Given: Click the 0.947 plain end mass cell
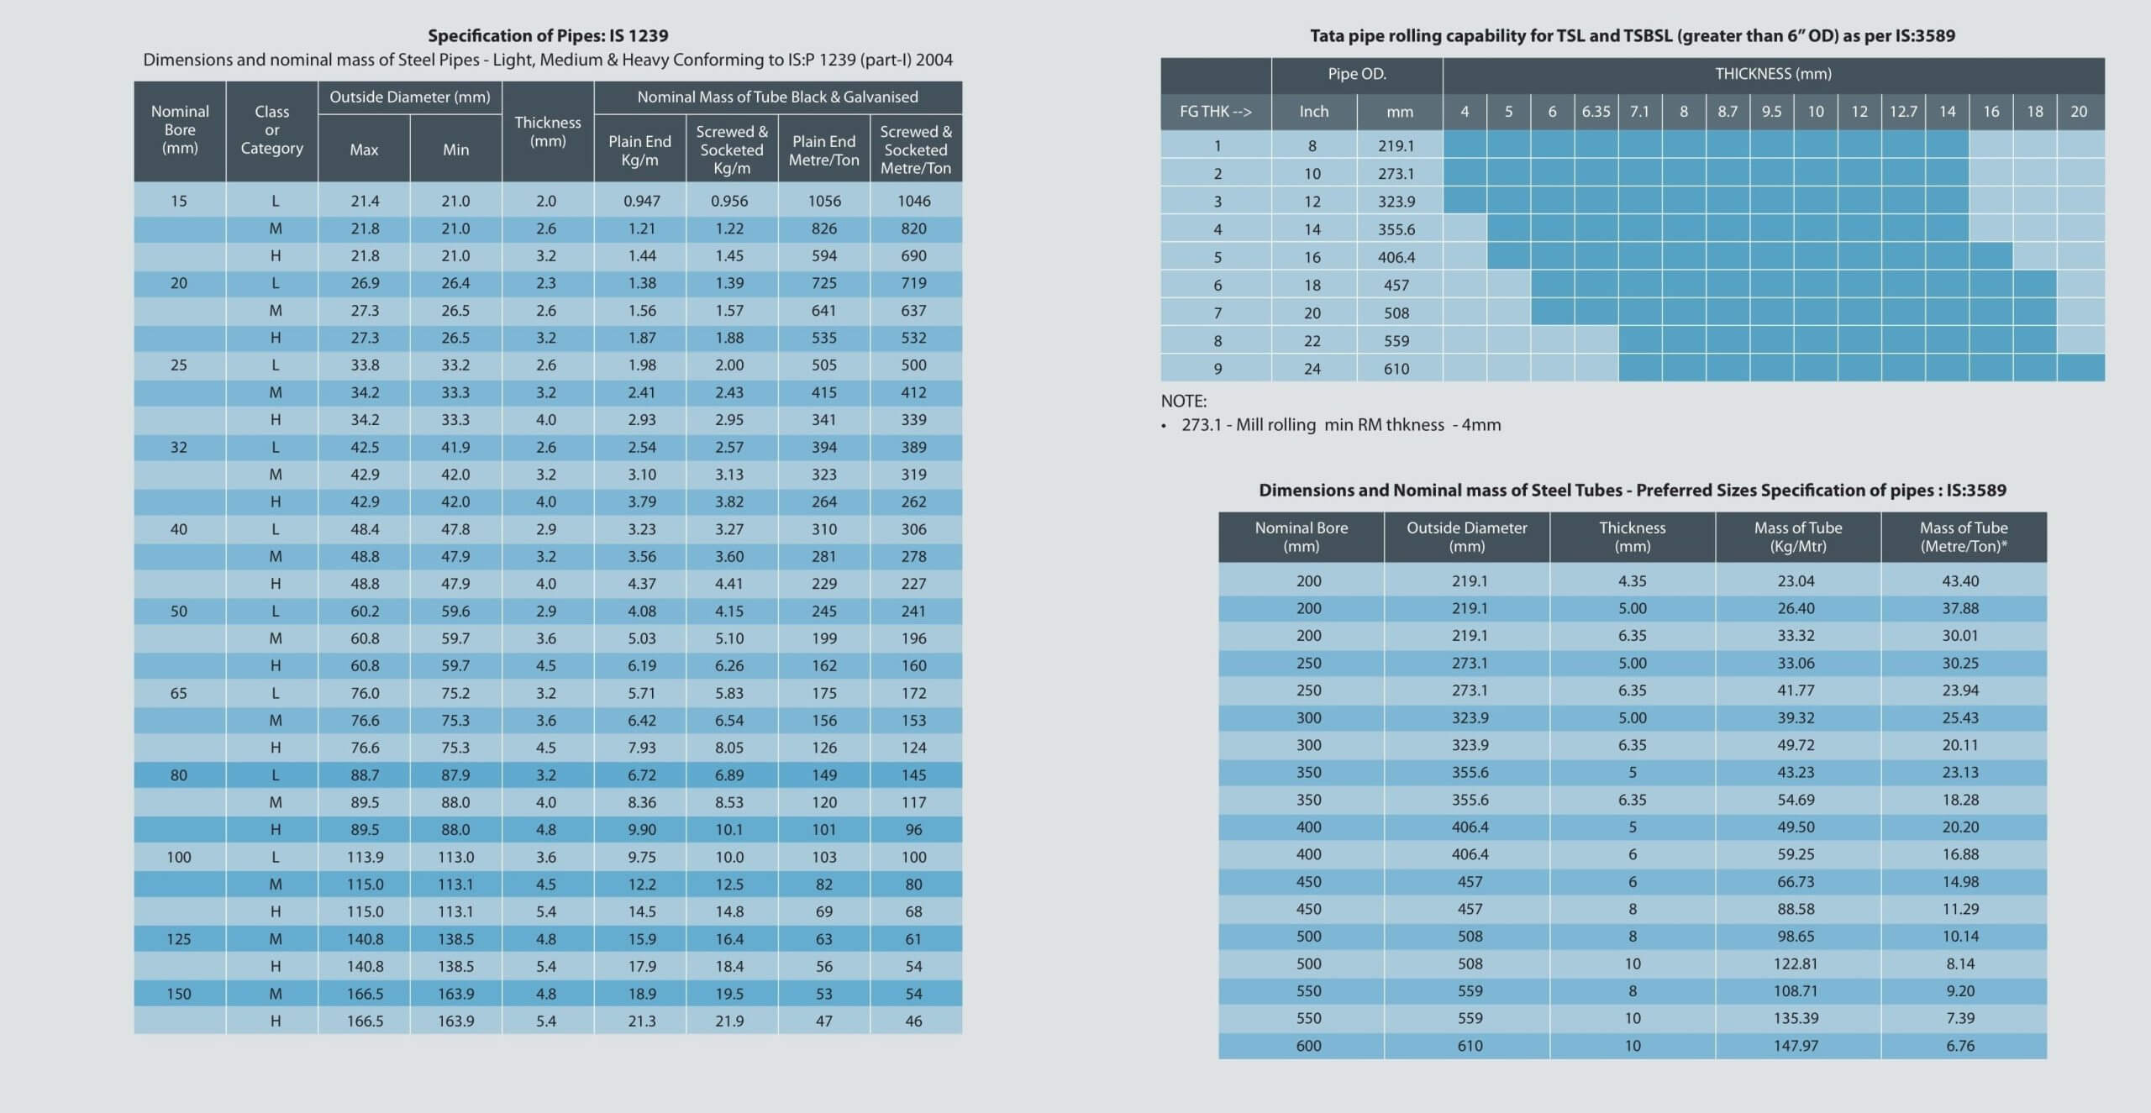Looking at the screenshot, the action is click(x=642, y=202).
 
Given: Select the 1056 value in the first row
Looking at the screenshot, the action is click(x=824, y=202).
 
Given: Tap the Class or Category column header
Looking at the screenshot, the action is click(x=272, y=130).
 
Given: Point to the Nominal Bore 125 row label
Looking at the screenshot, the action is click(x=179, y=939).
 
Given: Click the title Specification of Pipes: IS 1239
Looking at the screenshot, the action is click(x=548, y=35).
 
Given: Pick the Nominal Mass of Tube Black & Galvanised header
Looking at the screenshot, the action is click(x=778, y=97).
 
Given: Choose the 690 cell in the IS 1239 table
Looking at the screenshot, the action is click(x=914, y=256).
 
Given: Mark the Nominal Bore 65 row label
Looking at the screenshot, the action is click(x=179, y=694).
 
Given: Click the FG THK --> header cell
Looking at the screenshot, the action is click(x=1216, y=112).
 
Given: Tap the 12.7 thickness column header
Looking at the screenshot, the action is click(x=1903, y=112).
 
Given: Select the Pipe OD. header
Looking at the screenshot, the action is click(x=1357, y=74).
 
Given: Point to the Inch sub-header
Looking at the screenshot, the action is click(x=1314, y=112).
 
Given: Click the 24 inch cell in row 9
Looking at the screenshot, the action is click(x=1312, y=369).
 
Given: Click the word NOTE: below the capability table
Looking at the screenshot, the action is click(x=1184, y=401).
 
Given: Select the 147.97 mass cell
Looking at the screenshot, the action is click(x=1796, y=1046).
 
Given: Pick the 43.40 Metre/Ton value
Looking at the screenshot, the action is click(x=1961, y=581).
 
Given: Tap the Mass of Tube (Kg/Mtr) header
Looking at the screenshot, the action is click(x=1798, y=537).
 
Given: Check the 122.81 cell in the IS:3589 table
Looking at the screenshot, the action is click(x=1796, y=964).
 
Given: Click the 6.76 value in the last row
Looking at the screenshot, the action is click(x=1961, y=1046).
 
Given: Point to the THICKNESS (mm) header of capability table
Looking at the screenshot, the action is click(x=1774, y=74).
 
